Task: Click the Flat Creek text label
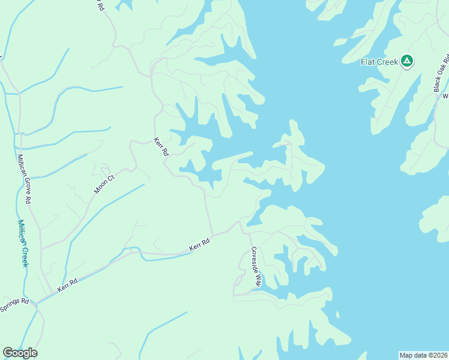point(380,62)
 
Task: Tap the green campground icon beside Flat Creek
point(407,61)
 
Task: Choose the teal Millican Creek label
point(22,243)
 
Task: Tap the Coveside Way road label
point(255,266)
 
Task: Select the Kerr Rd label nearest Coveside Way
point(199,245)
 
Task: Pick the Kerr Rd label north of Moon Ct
point(161,147)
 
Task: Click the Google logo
point(20,353)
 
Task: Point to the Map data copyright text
point(424,355)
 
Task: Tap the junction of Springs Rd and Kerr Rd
point(36,303)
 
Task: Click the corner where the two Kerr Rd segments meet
point(211,235)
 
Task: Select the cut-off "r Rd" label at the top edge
point(98,5)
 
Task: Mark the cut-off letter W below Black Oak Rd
point(445,95)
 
